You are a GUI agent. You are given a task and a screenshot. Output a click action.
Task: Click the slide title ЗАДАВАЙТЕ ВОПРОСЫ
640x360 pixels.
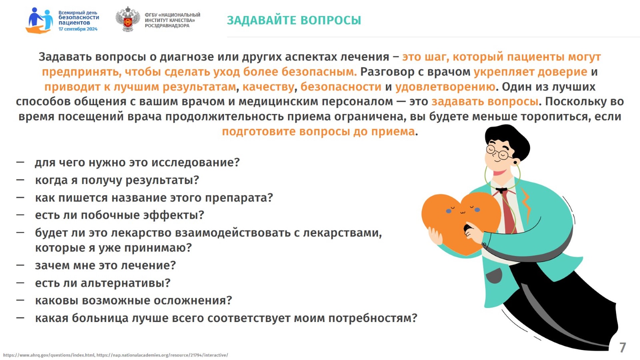294,20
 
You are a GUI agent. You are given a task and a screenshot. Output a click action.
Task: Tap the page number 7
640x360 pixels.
622,347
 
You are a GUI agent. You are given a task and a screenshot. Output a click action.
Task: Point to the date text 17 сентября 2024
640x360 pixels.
78,29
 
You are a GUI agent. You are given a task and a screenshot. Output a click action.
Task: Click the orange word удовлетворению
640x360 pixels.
445,87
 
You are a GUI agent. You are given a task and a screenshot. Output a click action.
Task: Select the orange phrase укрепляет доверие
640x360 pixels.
530,72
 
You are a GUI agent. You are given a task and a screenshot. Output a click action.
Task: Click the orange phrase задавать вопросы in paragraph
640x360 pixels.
485,101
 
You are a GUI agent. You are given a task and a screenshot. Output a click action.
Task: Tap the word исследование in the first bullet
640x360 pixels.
195,162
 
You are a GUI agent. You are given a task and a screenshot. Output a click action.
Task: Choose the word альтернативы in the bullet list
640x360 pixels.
125,283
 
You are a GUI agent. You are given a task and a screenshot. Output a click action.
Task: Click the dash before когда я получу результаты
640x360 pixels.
20,180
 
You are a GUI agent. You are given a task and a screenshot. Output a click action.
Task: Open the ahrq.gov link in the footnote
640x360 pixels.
49,355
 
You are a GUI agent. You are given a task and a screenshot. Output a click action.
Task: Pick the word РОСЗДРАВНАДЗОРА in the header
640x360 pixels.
167,26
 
